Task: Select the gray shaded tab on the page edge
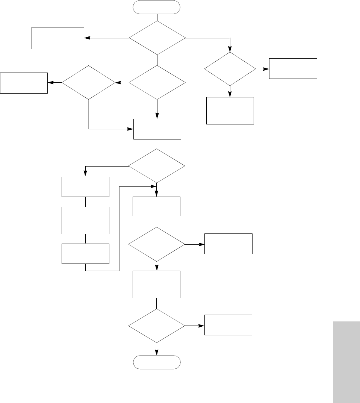[x=346, y=361]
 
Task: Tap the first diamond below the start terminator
[x=157, y=38]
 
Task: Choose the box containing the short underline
[x=230, y=111]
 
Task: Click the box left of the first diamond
[x=57, y=38]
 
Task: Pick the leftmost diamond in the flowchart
[x=89, y=82]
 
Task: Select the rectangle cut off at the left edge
[x=24, y=83]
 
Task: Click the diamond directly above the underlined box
[x=230, y=69]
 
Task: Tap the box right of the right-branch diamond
[x=293, y=68]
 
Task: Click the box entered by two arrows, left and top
[x=157, y=129]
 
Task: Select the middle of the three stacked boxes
[x=86, y=220]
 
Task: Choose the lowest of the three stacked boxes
[x=86, y=253]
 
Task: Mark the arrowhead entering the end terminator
[x=157, y=352]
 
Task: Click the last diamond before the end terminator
[x=157, y=326]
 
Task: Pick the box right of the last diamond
[x=228, y=325]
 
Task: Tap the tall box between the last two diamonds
[x=157, y=285]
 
